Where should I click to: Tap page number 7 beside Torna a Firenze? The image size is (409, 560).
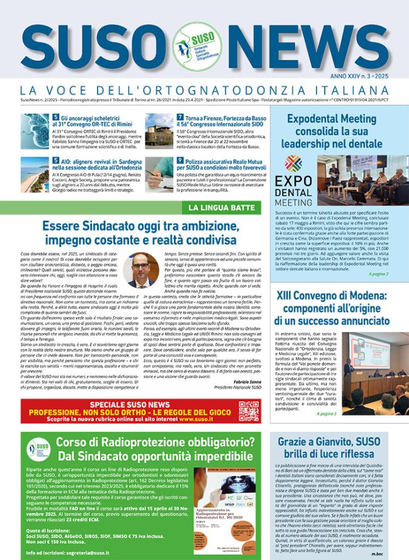(180, 117)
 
